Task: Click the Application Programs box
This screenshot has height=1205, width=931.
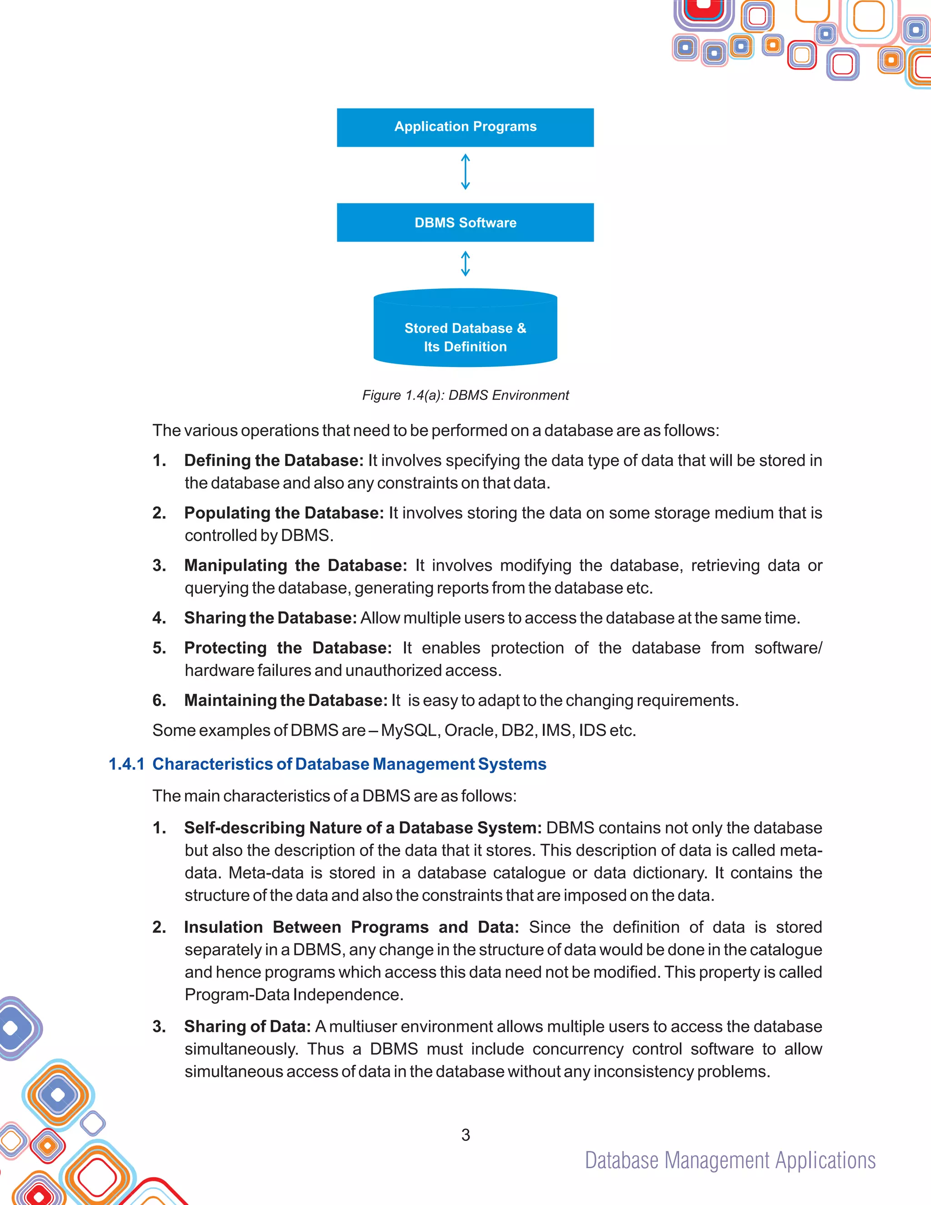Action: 465,128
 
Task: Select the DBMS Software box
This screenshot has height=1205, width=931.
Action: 465,223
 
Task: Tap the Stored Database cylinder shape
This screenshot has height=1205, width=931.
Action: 465,331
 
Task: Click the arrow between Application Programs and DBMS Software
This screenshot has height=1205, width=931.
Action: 465,172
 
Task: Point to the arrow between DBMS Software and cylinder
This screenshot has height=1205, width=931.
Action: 465,264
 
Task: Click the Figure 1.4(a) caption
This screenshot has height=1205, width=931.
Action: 465,395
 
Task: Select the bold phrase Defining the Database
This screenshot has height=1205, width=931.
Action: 273,460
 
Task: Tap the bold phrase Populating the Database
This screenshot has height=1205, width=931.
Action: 283,512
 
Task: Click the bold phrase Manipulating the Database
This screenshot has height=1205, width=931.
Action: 295,565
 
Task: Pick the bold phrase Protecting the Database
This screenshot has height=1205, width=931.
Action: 288,647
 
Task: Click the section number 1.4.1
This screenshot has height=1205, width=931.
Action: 126,764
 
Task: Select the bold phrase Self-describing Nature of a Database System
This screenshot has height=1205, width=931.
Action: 363,828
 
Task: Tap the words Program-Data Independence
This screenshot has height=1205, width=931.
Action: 293,994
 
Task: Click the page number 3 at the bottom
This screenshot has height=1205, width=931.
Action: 465,1135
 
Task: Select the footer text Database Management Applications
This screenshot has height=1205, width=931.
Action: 730,1160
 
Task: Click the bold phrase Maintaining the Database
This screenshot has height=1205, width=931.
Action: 285,700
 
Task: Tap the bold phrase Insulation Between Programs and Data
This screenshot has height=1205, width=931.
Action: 351,927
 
